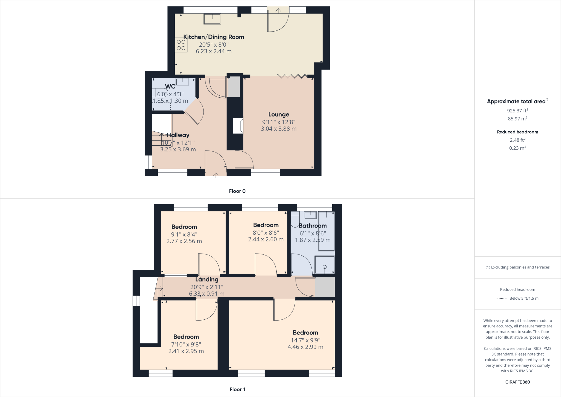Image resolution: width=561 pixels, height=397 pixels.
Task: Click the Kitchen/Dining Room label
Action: pyautogui.click(x=214, y=37)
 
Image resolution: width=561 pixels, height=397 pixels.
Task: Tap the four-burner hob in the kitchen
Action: pyautogui.click(x=181, y=45)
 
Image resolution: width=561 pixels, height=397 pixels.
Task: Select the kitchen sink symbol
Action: pyautogui.click(x=212, y=19)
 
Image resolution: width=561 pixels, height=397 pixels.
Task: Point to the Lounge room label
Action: pyautogui.click(x=279, y=114)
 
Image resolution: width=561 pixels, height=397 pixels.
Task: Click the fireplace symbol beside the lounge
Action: pyautogui.click(x=238, y=126)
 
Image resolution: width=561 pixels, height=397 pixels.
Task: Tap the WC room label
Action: pyautogui.click(x=170, y=86)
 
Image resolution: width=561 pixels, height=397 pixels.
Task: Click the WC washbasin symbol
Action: pyautogui.click(x=182, y=82)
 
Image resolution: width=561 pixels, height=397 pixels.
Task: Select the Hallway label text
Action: pyautogui.click(x=178, y=135)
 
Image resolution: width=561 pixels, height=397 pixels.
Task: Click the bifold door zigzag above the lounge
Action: pyautogui.click(x=292, y=76)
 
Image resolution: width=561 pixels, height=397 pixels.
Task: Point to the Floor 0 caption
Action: pyautogui.click(x=237, y=191)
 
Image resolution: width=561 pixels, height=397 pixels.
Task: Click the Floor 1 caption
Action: pyautogui.click(x=237, y=389)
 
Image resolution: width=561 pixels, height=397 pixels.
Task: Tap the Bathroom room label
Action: pyautogui.click(x=313, y=226)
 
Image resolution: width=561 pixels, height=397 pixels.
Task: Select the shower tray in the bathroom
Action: pyautogui.click(x=325, y=265)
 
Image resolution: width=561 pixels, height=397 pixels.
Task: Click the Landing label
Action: pyautogui.click(x=207, y=279)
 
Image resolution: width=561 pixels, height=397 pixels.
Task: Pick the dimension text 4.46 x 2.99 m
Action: pyautogui.click(x=305, y=347)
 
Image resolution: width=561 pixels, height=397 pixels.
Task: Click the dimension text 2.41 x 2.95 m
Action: pyautogui.click(x=186, y=351)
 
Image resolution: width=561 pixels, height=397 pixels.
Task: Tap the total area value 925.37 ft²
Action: pyautogui.click(x=517, y=111)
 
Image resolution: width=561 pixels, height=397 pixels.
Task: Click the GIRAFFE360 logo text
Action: pyautogui.click(x=517, y=382)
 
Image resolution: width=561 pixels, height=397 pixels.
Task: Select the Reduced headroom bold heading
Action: pyautogui.click(x=517, y=132)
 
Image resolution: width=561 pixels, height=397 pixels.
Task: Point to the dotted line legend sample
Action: pyautogui.click(x=502, y=298)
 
